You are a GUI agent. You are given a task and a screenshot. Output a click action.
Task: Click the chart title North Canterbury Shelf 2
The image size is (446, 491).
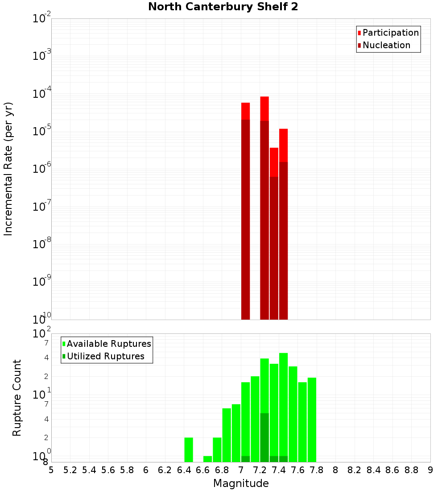click(x=223, y=7)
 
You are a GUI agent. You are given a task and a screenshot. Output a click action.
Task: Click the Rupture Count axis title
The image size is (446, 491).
click(x=17, y=398)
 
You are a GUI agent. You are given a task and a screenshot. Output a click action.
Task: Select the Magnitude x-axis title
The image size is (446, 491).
click(x=241, y=483)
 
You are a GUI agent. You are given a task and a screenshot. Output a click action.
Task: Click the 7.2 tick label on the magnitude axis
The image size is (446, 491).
click(x=260, y=470)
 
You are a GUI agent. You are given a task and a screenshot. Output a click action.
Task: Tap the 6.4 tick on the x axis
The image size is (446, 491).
click(x=184, y=470)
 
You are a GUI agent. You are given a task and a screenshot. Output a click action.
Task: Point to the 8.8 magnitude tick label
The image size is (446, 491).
click(x=411, y=470)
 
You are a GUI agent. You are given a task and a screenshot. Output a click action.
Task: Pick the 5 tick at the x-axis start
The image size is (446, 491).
click(x=51, y=470)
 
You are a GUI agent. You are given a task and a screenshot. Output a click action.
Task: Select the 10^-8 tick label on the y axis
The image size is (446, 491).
click(x=41, y=244)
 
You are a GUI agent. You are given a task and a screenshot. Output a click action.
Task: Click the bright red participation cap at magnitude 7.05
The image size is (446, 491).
click(x=245, y=111)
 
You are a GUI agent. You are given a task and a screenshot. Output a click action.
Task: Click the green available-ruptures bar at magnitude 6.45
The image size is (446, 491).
click(x=189, y=449)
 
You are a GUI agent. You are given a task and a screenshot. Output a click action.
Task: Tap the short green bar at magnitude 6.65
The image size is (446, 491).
click(x=207, y=459)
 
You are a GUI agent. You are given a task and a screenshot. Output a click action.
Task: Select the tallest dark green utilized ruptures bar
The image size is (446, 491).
click(x=264, y=437)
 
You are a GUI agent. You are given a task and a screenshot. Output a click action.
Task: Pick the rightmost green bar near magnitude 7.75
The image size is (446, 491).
click(x=312, y=420)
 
